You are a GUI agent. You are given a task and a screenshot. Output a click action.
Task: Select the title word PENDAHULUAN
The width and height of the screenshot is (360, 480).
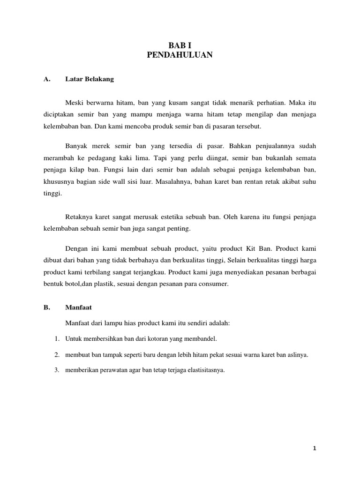click(x=180, y=55)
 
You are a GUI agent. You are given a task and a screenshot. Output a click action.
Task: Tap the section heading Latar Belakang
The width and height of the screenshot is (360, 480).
click(x=90, y=80)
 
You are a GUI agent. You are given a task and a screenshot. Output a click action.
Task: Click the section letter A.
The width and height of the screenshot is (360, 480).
click(x=46, y=80)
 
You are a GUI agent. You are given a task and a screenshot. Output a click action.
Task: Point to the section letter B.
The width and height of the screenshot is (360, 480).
click(x=46, y=308)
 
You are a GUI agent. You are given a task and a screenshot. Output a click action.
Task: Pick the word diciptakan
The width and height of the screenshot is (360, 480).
click(x=59, y=114)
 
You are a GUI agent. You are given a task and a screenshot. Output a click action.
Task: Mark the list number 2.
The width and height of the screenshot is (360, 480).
click(x=56, y=355)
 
